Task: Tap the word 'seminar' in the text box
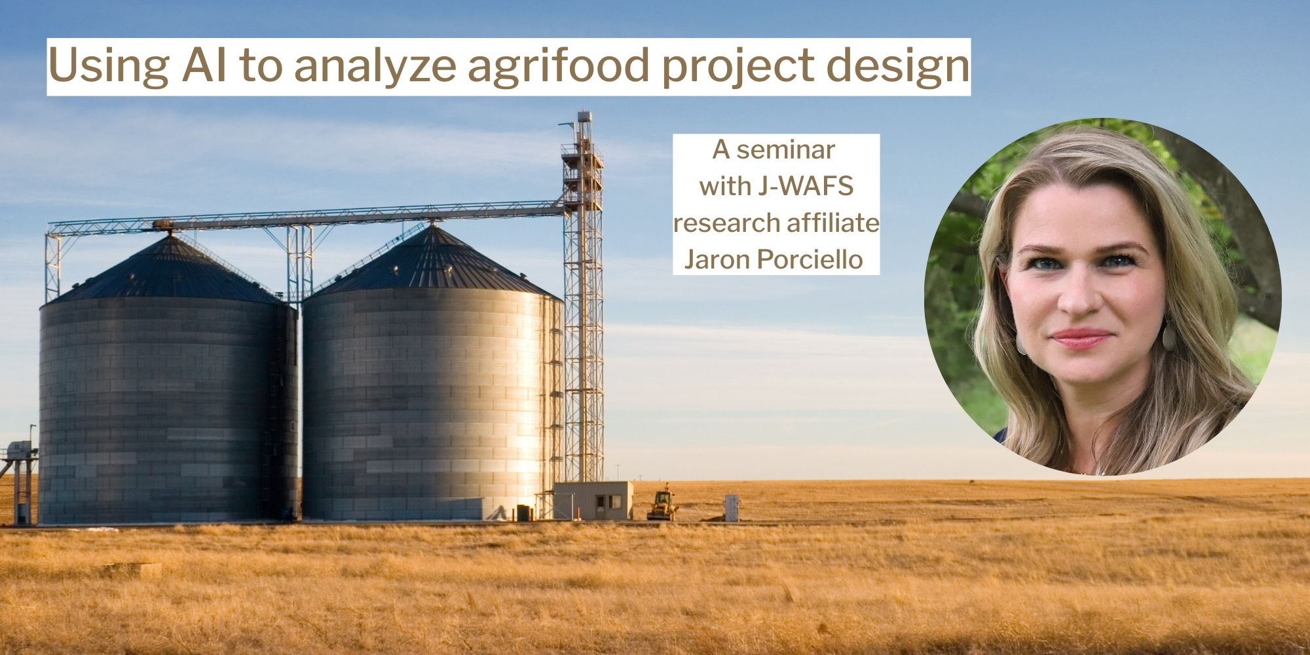(785, 150)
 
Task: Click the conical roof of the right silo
(432, 262)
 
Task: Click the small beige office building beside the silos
(593, 500)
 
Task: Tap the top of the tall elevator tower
(583, 121)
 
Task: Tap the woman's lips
(1081, 338)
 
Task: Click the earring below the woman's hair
(1169, 337)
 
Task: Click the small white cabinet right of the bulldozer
(732, 508)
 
